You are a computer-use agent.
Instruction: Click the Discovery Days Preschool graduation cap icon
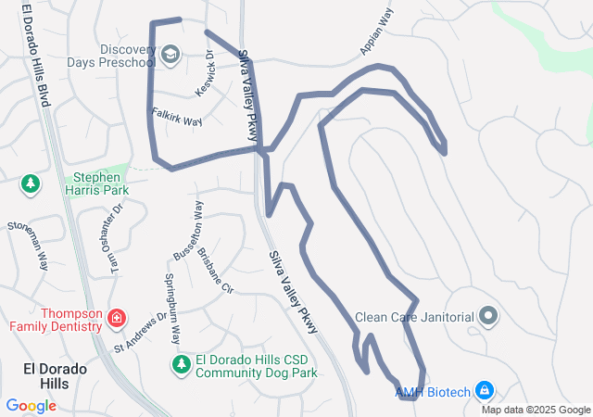tap(170, 56)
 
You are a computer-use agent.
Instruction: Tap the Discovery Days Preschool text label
tap(110, 56)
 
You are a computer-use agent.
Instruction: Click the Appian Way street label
tap(376, 32)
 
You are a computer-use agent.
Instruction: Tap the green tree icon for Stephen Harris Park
tap(32, 183)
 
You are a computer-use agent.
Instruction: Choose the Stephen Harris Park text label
tap(96, 182)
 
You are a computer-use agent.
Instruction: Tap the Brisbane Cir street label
tap(216, 269)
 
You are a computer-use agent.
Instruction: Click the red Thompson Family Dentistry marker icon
tap(117, 320)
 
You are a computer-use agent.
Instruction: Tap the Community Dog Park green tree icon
tap(181, 366)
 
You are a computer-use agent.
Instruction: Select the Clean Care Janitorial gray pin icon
tap(489, 317)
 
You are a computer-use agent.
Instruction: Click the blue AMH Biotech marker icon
tap(485, 391)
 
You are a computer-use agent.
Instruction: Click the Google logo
tap(31, 405)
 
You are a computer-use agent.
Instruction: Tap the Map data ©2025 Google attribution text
tap(536, 411)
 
